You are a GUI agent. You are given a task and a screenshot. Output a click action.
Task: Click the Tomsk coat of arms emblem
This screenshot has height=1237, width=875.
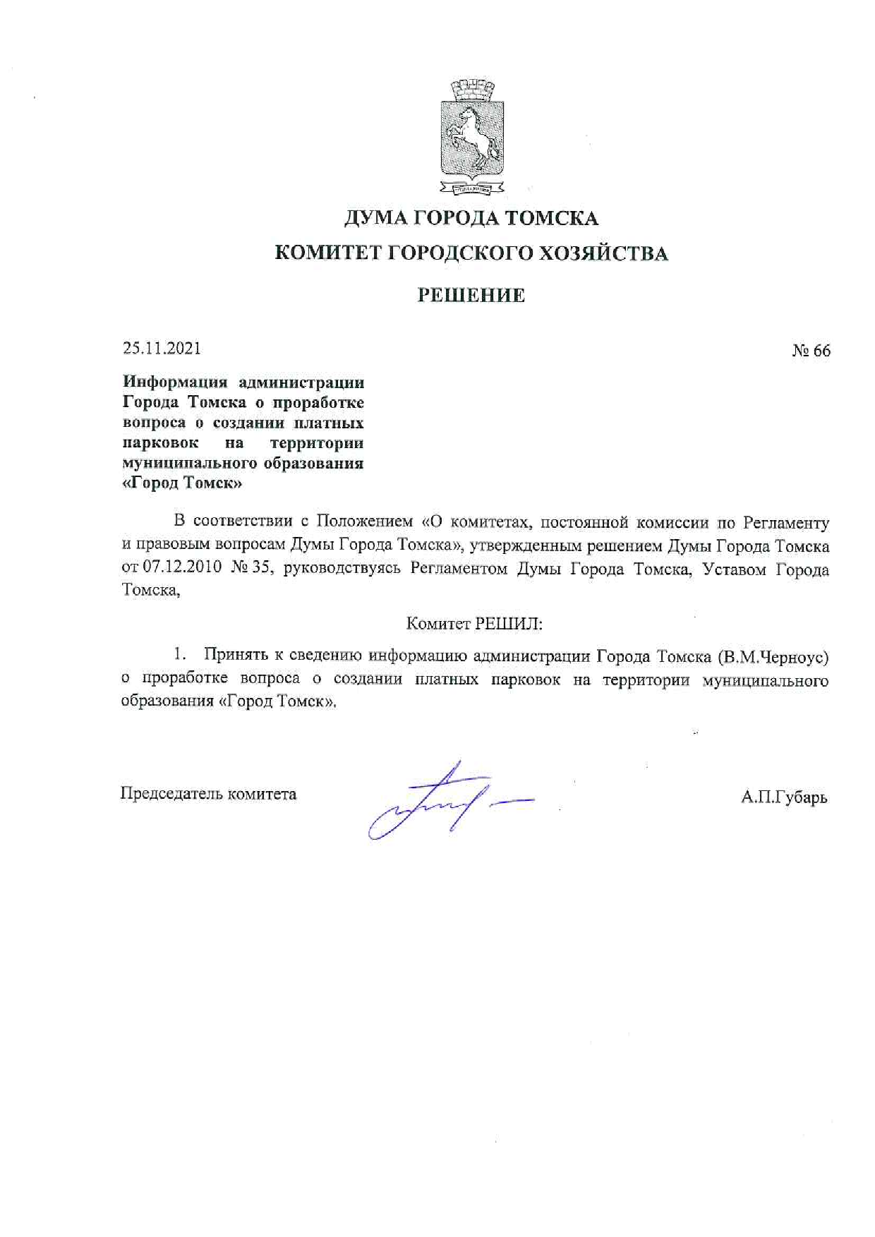pos(472,138)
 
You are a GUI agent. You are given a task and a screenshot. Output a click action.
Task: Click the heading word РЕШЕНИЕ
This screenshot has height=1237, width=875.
pos(471,295)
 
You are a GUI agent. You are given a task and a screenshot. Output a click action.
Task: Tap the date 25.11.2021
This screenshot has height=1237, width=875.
pos(162,348)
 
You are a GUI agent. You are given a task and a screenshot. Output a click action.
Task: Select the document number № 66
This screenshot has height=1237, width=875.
pos(811,351)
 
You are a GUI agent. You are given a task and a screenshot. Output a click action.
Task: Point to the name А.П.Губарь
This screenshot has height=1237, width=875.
pos(784,797)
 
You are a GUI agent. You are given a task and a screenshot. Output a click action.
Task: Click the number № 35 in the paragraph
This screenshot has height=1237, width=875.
pos(251,568)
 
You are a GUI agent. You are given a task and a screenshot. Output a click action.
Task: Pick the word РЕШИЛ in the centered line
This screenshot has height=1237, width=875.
pos(507,624)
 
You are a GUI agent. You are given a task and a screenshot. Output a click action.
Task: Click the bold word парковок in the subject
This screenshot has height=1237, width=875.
pos(160,443)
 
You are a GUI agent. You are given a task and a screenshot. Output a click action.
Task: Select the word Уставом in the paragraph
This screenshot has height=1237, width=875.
pos(734,569)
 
